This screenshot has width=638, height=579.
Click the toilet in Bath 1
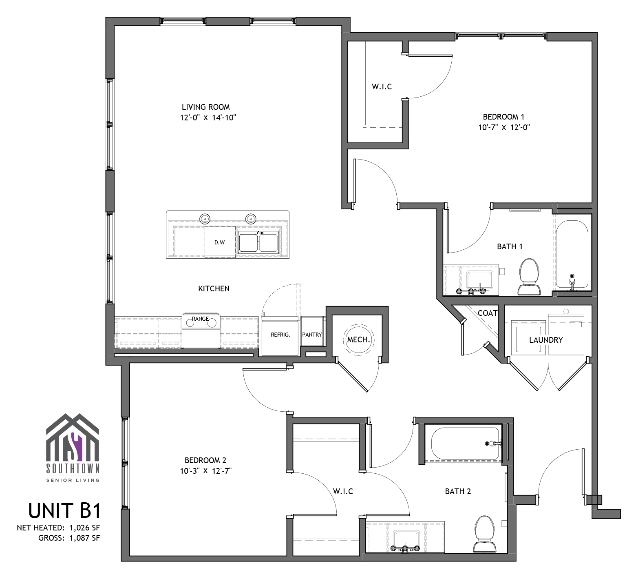coord(530,276)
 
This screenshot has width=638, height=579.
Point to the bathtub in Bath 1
coord(572,255)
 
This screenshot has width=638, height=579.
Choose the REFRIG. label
coord(280,335)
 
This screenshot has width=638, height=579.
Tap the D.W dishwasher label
coord(220,242)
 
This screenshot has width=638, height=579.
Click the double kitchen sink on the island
coord(258,242)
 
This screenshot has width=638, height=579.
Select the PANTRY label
coord(312,335)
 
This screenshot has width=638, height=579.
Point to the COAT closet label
coord(488,313)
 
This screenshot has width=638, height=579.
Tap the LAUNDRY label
coord(546,340)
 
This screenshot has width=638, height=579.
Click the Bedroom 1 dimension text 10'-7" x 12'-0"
coord(504,127)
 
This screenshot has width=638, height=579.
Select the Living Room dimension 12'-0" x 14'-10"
coord(209,118)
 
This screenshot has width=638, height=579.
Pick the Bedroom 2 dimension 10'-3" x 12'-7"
coord(206,471)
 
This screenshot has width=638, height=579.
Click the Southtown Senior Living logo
coord(73,448)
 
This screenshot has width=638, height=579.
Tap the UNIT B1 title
coord(64,510)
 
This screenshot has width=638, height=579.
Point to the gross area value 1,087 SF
coord(85,538)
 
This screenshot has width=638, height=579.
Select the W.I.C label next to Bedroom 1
coord(382,87)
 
